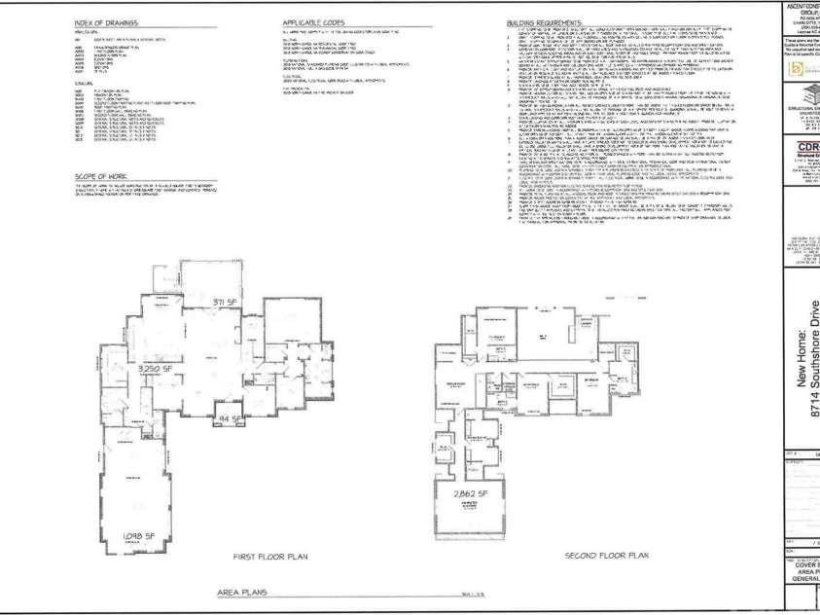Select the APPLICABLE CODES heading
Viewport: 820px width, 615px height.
click(312, 21)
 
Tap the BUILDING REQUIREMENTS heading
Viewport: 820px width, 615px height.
click(546, 21)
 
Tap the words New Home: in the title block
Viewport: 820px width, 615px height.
click(803, 370)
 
